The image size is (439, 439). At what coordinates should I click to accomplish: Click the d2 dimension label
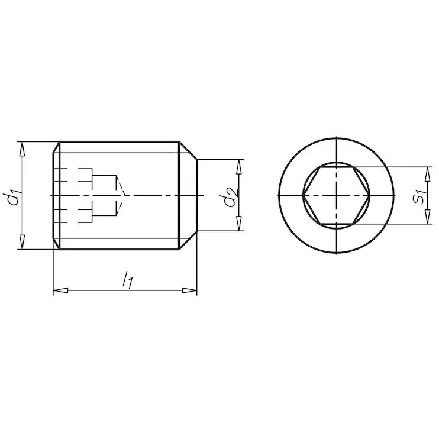(x=231, y=197)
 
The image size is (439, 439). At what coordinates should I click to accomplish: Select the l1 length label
(x=127, y=280)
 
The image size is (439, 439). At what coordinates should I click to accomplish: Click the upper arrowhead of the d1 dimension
(x=22, y=149)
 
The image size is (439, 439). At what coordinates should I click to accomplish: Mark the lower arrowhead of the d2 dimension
(x=239, y=224)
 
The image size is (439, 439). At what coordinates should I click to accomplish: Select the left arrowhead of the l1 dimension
(x=60, y=290)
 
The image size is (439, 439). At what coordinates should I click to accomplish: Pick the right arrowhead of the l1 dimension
(x=189, y=290)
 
